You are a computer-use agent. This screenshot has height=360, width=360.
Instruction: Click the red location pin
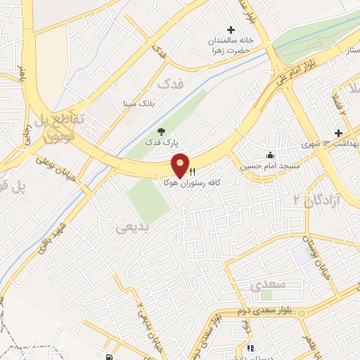coord(180,166)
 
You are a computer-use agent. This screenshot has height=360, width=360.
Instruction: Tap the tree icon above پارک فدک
coord(162,131)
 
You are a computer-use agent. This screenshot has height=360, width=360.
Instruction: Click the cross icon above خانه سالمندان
coord(231,29)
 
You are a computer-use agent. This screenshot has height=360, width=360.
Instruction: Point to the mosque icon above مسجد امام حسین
coord(271,155)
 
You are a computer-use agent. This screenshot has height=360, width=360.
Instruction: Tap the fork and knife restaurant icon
coord(192,171)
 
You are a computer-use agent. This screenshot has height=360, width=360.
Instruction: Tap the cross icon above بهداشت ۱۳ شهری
coord(338,133)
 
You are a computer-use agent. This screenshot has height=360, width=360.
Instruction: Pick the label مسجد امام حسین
coord(271,166)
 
